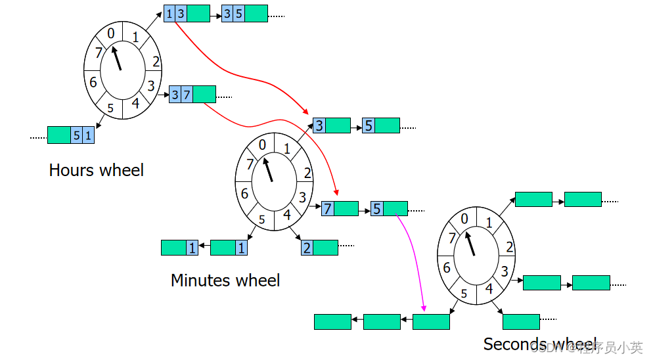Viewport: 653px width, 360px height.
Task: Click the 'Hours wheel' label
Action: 96,170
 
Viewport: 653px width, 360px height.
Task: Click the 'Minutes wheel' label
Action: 225,281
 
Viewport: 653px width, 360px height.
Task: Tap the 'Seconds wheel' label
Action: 539,344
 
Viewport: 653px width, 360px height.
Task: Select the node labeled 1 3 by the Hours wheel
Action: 187,14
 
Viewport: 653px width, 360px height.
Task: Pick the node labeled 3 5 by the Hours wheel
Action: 244,14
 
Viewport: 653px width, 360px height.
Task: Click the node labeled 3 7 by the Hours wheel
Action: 192,95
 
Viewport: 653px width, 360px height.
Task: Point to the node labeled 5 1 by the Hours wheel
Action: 71,135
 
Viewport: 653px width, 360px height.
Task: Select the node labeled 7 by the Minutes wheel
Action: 340,209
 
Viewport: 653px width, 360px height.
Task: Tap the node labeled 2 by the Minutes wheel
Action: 319,248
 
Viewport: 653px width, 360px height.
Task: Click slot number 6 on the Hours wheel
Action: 93,82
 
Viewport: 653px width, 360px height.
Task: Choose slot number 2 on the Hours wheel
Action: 156,62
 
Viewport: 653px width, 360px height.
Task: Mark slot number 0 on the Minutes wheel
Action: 262,145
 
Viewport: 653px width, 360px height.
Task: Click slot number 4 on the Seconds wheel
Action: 488,288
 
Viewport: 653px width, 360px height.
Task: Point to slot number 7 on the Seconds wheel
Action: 452,238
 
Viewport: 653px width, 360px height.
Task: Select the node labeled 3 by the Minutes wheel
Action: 331,125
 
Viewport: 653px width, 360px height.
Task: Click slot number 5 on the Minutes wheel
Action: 261,219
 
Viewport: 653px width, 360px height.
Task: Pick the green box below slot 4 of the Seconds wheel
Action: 521,322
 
